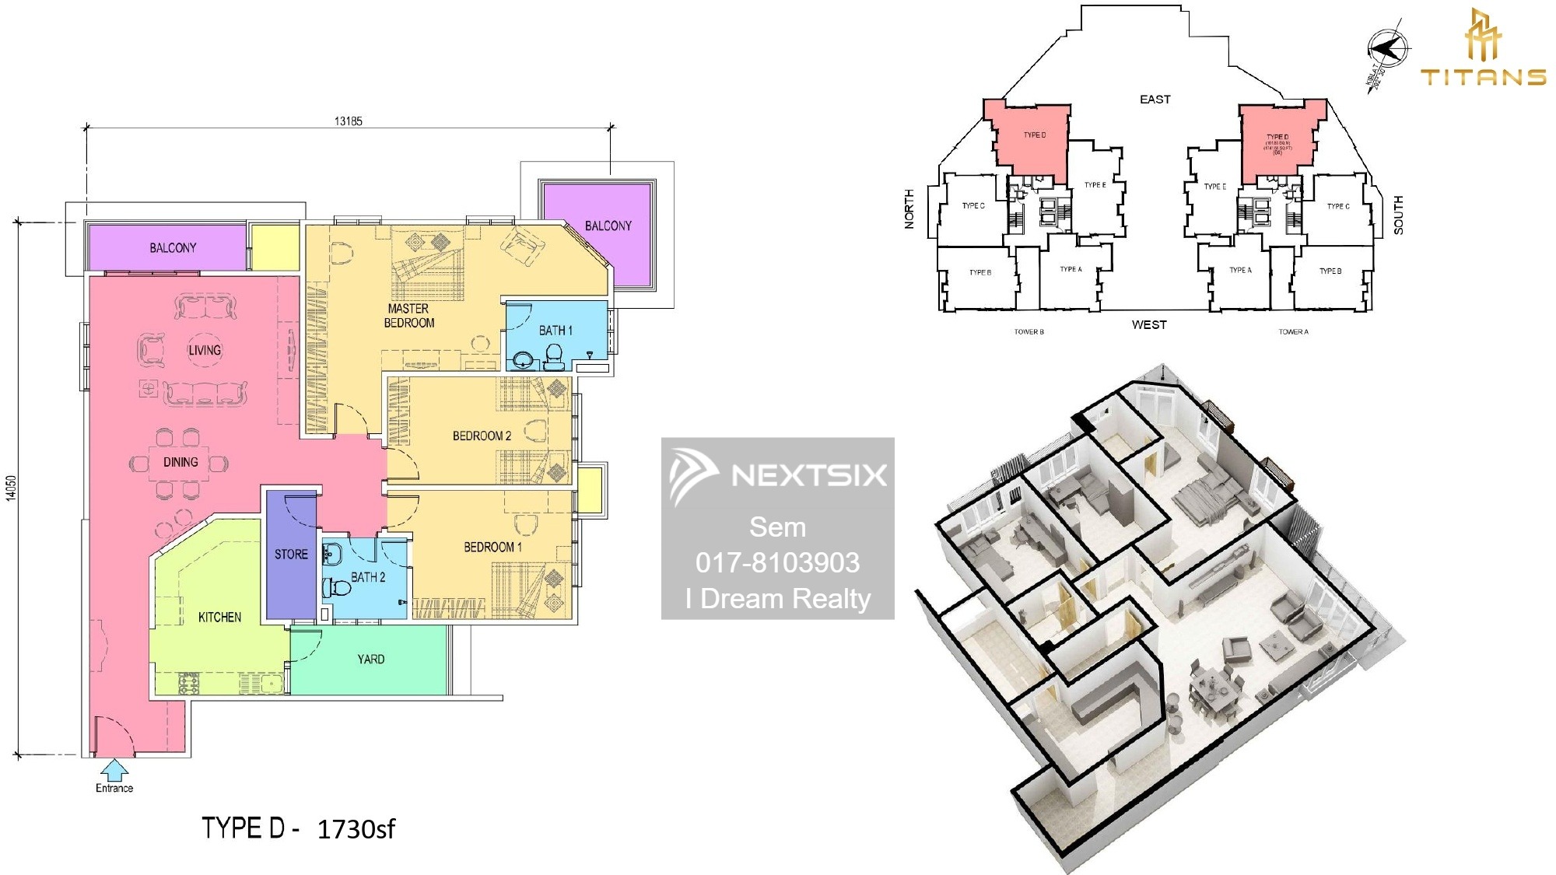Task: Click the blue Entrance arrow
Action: pos(114,770)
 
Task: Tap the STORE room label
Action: pos(291,555)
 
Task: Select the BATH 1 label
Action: pos(555,331)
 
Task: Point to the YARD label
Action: pos(371,660)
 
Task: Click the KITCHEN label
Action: pos(219,618)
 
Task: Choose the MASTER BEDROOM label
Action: pos(409,316)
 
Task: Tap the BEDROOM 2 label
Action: pos(482,436)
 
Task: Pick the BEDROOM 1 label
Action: pos(492,547)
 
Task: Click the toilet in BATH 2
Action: pos(338,586)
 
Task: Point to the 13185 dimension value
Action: pos(348,121)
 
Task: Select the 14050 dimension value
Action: pos(11,488)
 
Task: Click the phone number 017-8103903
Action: pos(777,562)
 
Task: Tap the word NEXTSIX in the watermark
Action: pos(808,475)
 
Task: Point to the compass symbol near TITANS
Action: pos(1389,49)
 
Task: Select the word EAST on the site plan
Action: pos(1155,100)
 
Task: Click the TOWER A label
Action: pos(1293,332)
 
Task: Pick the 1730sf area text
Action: pos(356,829)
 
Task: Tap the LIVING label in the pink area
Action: pos(205,351)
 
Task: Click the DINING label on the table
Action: pos(180,462)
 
